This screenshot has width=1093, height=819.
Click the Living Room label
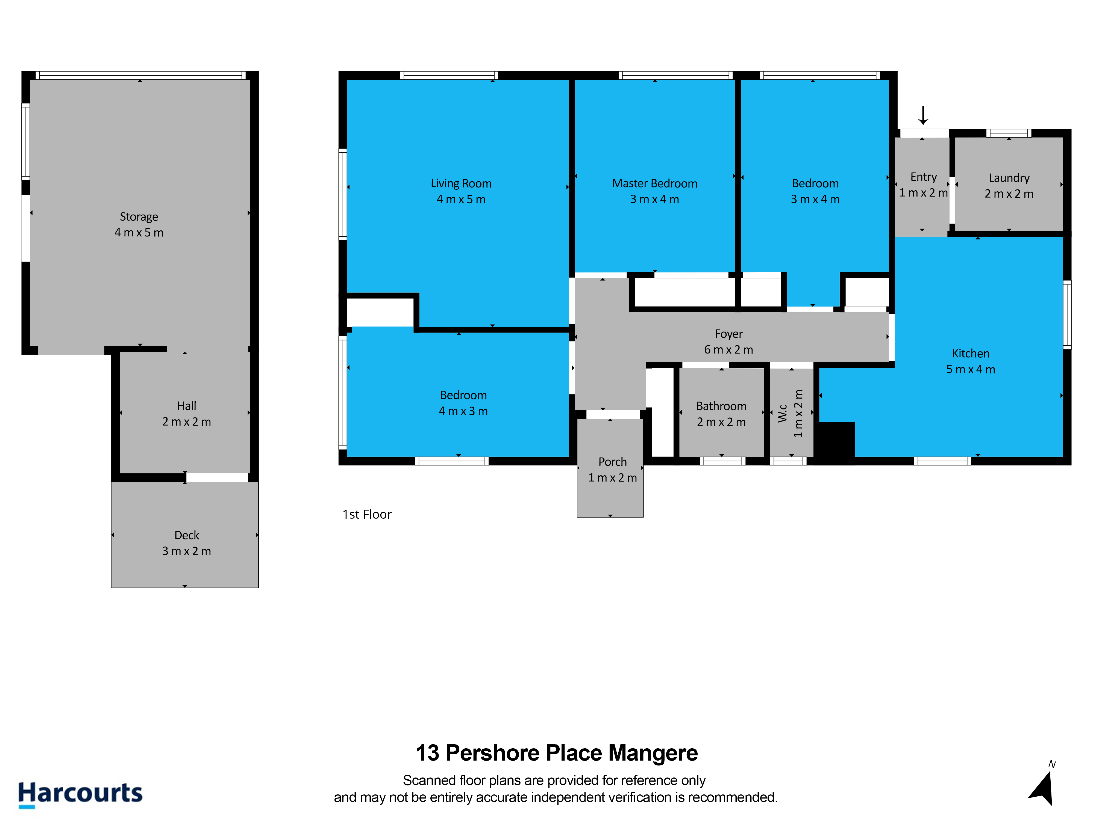click(x=461, y=184)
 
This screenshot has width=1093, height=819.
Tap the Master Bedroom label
click(x=655, y=184)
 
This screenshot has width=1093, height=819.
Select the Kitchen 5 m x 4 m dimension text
click(x=971, y=369)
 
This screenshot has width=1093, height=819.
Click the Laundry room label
click(x=1009, y=178)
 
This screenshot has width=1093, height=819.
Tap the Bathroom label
click(x=721, y=406)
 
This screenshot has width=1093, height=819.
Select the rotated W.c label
click(x=783, y=413)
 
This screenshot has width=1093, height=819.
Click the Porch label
click(x=613, y=462)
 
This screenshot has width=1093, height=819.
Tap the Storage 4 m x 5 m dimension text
click(x=139, y=233)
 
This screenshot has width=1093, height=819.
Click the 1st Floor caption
click(x=367, y=514)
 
